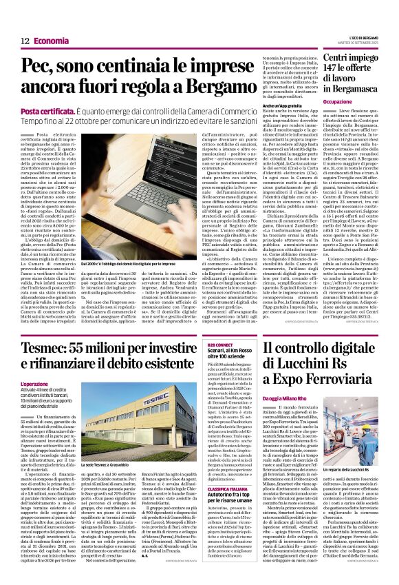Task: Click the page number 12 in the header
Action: click(x=24, y=41)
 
